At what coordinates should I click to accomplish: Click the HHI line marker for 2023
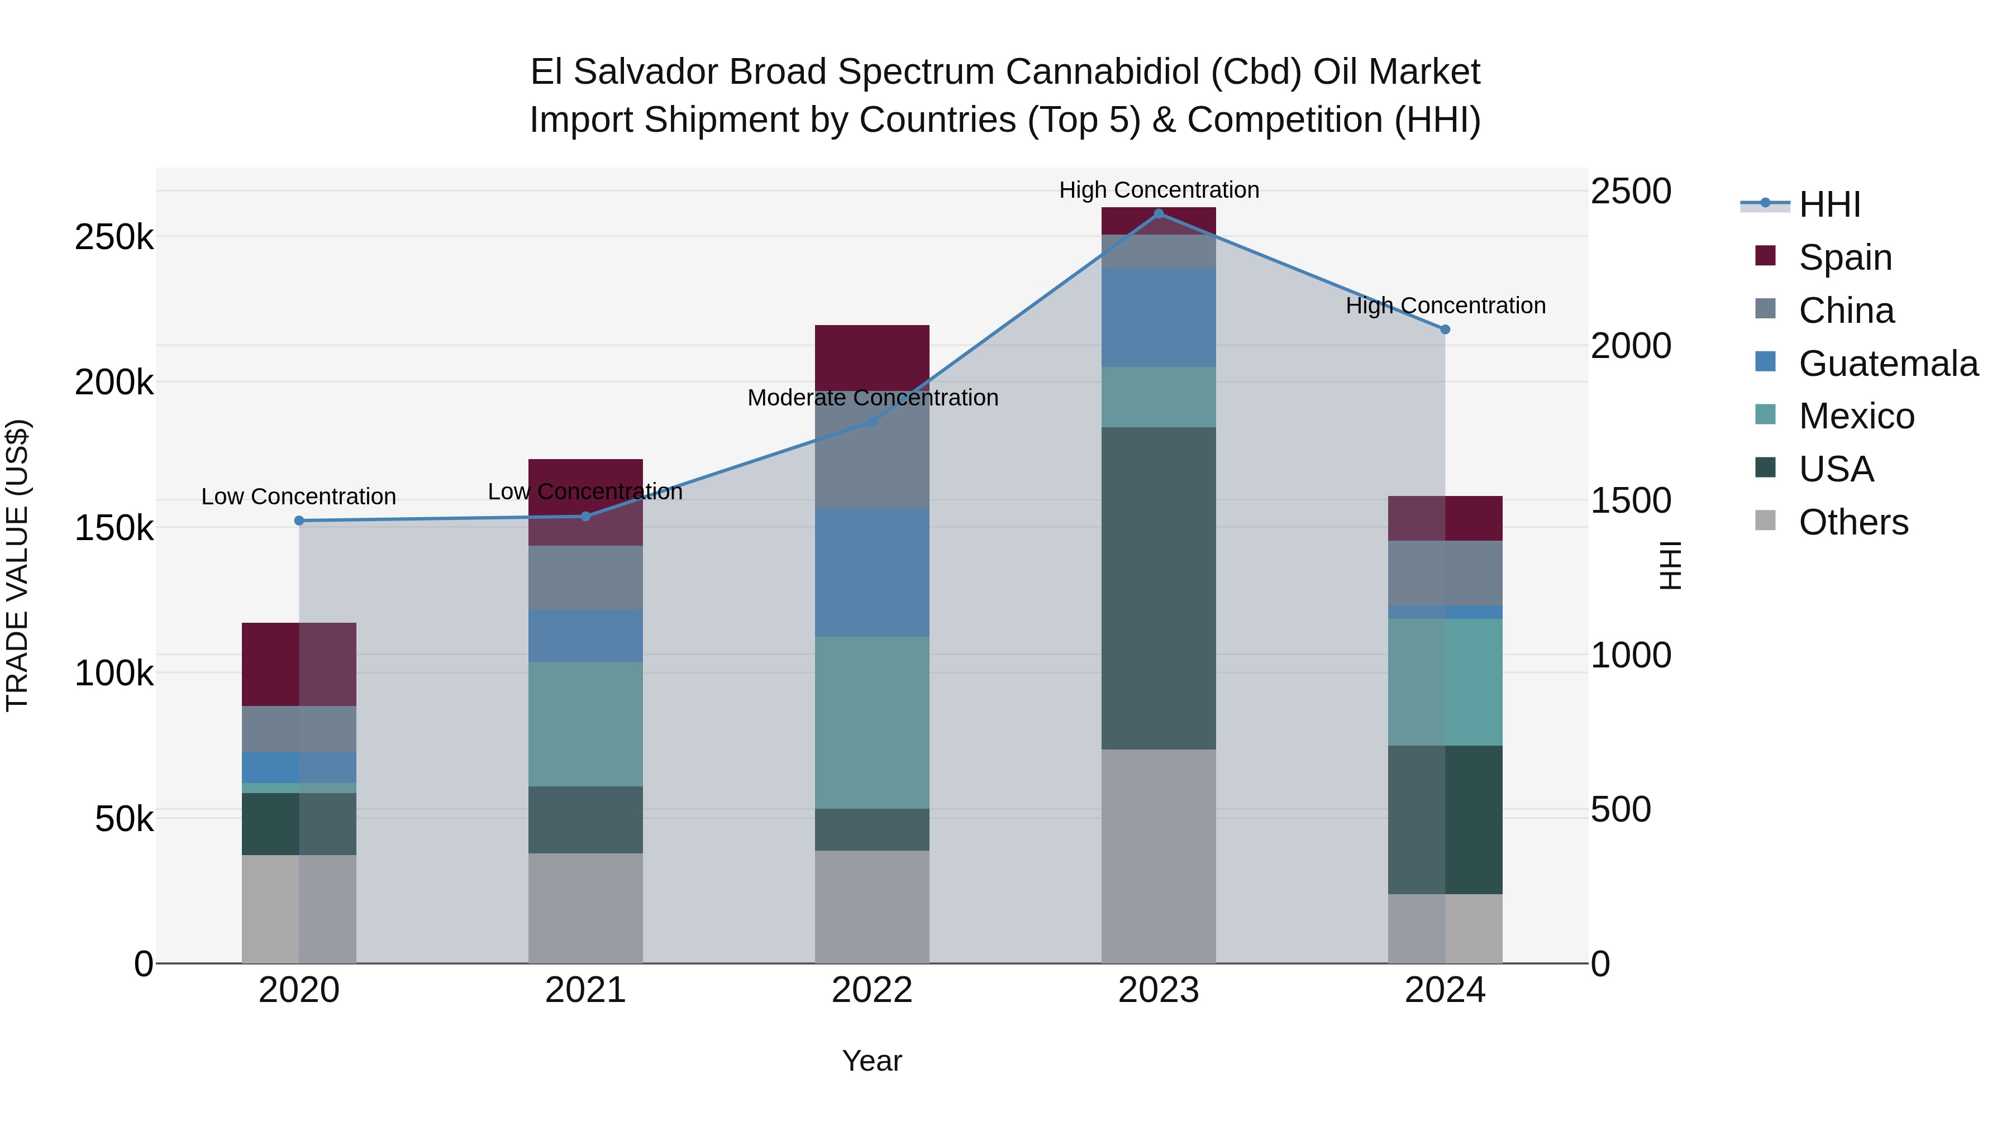coord(1159,213)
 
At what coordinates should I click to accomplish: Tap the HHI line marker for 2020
coord(299,521)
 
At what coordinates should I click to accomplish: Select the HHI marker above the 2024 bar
coord(1445,330)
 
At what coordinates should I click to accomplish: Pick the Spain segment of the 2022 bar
coord(872,357)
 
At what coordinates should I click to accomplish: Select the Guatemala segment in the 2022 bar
coord(872,571)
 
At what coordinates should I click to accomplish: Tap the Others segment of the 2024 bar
coord(1445,928)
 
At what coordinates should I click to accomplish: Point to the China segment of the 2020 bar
coord(299,728)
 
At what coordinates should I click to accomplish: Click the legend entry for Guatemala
coord(1888,364)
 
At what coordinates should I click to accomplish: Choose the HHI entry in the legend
coord(1829,204)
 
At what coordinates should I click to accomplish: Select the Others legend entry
coord(1852,522)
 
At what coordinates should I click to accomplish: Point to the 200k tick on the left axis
coord(114,383)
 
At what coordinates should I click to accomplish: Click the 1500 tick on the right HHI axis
coord(1630,500)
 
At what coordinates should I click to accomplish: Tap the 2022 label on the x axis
coord(872,990)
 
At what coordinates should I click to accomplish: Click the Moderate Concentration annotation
coord(872,398)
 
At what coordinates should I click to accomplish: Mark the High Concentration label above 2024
coord(1445,306)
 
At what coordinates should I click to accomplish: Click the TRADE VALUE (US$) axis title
coord(17,565)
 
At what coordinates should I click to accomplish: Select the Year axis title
coord(872,1061)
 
